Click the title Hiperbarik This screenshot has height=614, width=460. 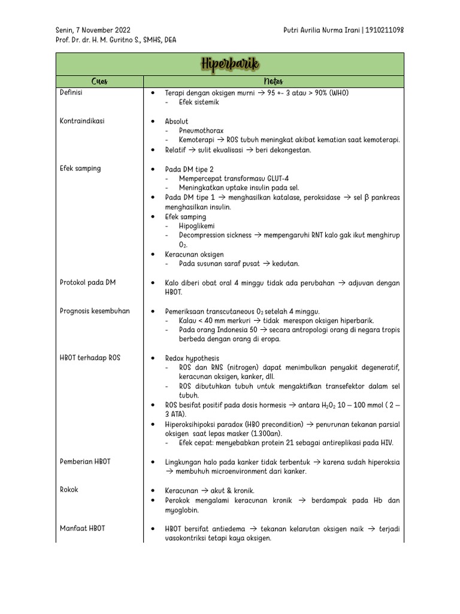pos(230,64)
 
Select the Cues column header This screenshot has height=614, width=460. pos(99,82)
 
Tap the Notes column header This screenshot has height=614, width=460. pos(273,82)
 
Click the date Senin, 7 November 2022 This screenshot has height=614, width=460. pos(93,30)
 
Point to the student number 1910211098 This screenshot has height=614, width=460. pos(385,30)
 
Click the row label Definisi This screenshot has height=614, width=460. pos(71,93)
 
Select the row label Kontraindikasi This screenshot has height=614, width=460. pos(82,121)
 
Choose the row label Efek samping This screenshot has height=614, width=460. pos(80,168)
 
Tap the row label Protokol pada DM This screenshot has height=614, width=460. pos(88,282)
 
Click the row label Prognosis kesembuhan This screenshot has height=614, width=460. pos(95,311)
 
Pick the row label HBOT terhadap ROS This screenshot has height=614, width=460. pos(90,357)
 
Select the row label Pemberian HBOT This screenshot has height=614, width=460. pos(85,462)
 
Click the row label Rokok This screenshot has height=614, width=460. pos(69,490)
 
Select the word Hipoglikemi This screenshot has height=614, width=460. pos(199,226)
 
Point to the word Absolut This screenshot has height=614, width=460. pos(177,121)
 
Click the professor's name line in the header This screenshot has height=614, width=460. pos(116,40)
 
